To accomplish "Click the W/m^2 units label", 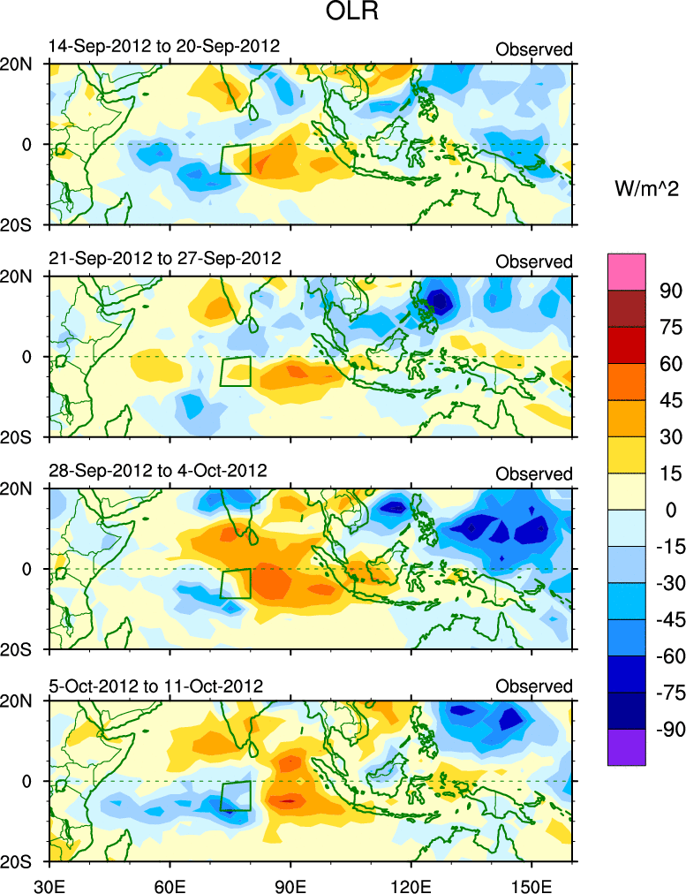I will (x=647, y=187).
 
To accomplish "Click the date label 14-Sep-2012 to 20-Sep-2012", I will (x=163, y=46).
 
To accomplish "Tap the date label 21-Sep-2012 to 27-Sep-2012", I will (x=163, y=259).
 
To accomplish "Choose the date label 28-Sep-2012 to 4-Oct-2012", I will (x=156, y=471).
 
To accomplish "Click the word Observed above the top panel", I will (x=533, y=49).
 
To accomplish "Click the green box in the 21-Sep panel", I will (x=236, y=371).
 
